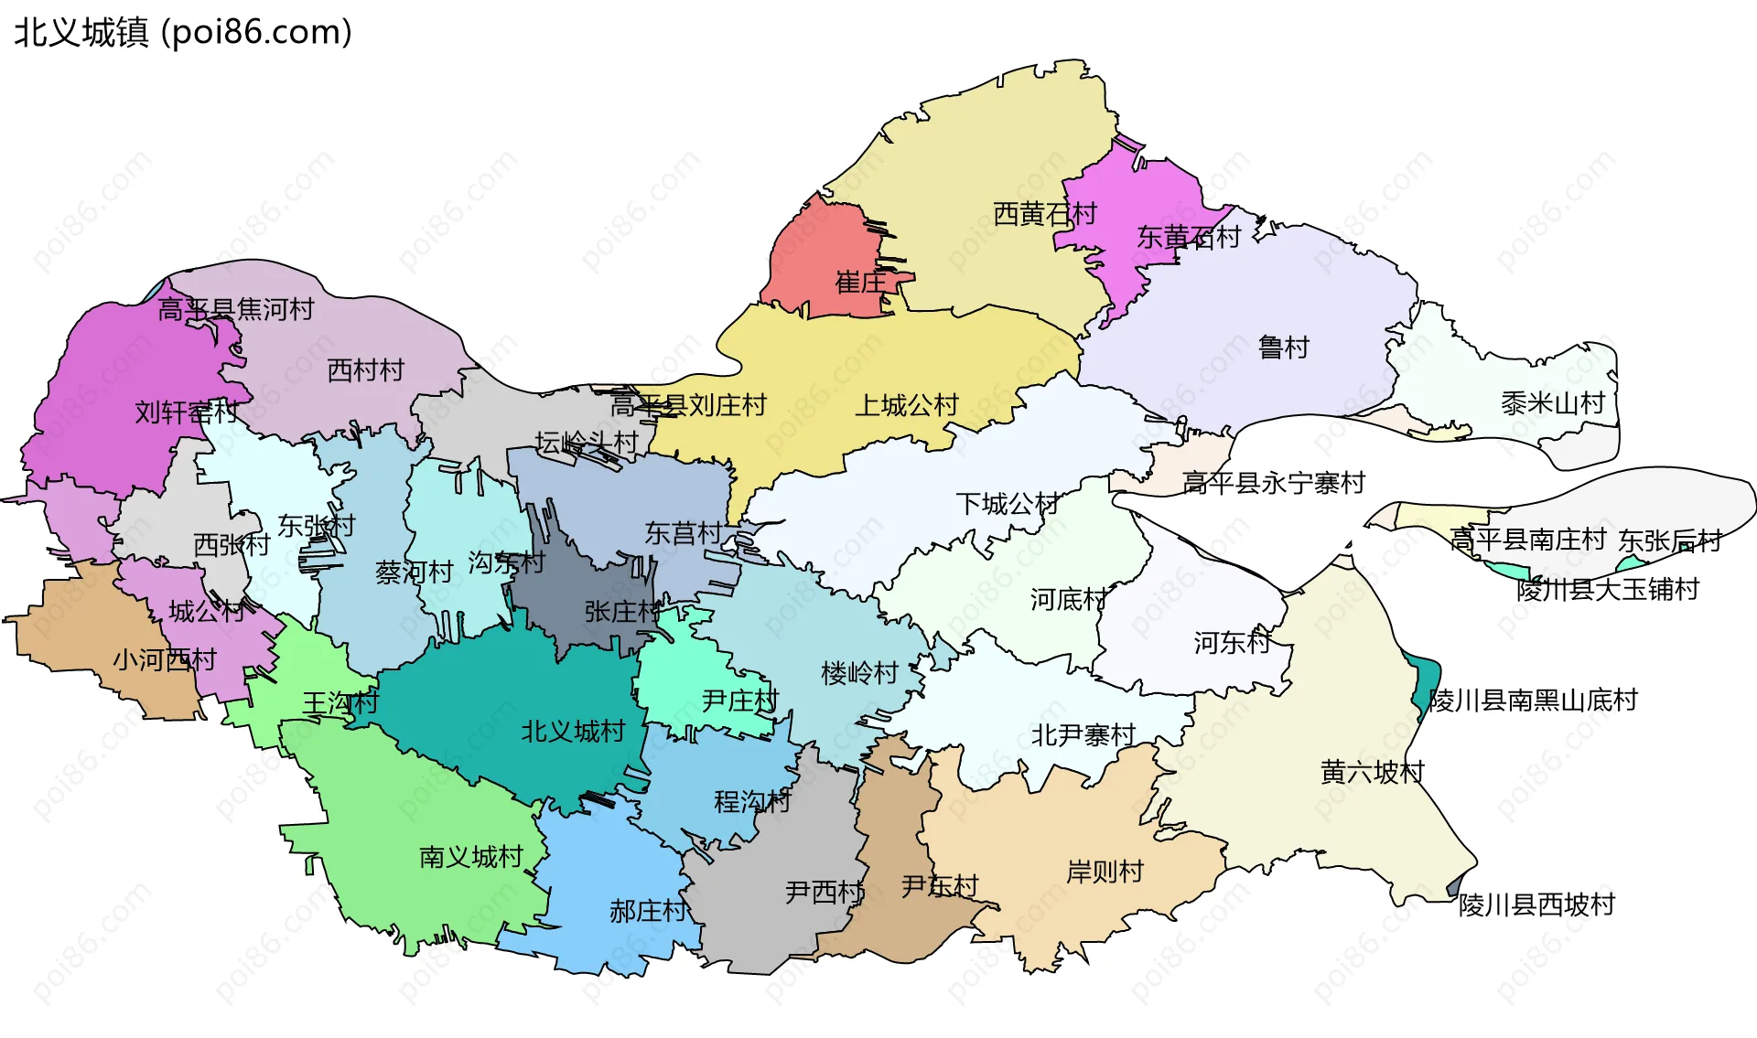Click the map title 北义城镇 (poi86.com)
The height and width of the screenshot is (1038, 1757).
pos(183,33)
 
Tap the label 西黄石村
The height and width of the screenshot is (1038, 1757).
pos(1045,214)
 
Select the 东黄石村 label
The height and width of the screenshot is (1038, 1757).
pos(1188,238)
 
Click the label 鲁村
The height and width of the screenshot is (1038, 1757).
pos(1283,348)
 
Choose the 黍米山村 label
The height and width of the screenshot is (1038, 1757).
pos(1553,403)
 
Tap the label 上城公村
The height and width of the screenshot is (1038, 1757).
pos(906,405)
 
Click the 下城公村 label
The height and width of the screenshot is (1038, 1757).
pos(1008,503)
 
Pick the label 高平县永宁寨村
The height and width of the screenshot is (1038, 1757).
pos(1273,483)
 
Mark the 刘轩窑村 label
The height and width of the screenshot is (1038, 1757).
pos(187,412)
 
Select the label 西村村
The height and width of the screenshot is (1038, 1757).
pos(365,370)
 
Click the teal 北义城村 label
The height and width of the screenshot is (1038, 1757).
pos(573,732)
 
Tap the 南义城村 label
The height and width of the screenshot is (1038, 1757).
pos(470,857)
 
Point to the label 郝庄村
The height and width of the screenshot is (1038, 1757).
pos(648,911)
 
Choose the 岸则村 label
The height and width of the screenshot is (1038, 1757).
pos(1105,872)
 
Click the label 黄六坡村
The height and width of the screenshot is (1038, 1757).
pos(1372,773)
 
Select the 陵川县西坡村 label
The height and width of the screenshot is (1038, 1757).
pos(1536,905)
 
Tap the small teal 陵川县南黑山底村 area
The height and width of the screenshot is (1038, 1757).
pos(1426,681)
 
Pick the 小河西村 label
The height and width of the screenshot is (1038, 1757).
pos(165,659)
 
